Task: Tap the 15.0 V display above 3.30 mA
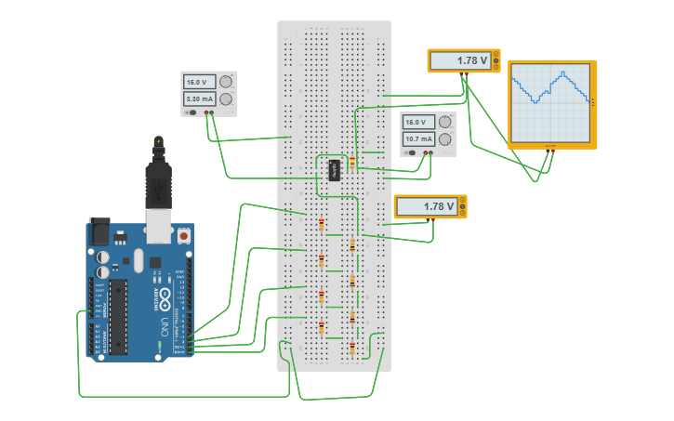pos(200,82)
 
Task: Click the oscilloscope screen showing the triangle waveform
pos(551,103)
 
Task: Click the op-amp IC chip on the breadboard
pos(335,171)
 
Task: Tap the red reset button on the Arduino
pos(184,236)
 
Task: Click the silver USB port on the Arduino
pos(159,221)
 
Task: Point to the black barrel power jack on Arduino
pos(99,229)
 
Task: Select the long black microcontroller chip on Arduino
pos(118,316)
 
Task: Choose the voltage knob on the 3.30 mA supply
pos(226,82)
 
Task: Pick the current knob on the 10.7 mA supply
pos(444,138)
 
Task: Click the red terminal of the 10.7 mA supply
pos(424,152)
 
